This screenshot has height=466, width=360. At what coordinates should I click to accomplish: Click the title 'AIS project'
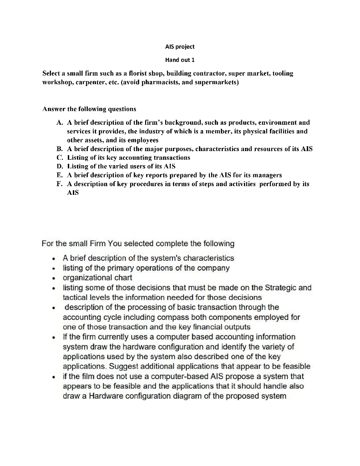pyautogui.click(x=179, y=46)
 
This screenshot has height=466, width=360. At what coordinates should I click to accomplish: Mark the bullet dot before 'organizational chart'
pyautogui.click(x=54, y=278)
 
